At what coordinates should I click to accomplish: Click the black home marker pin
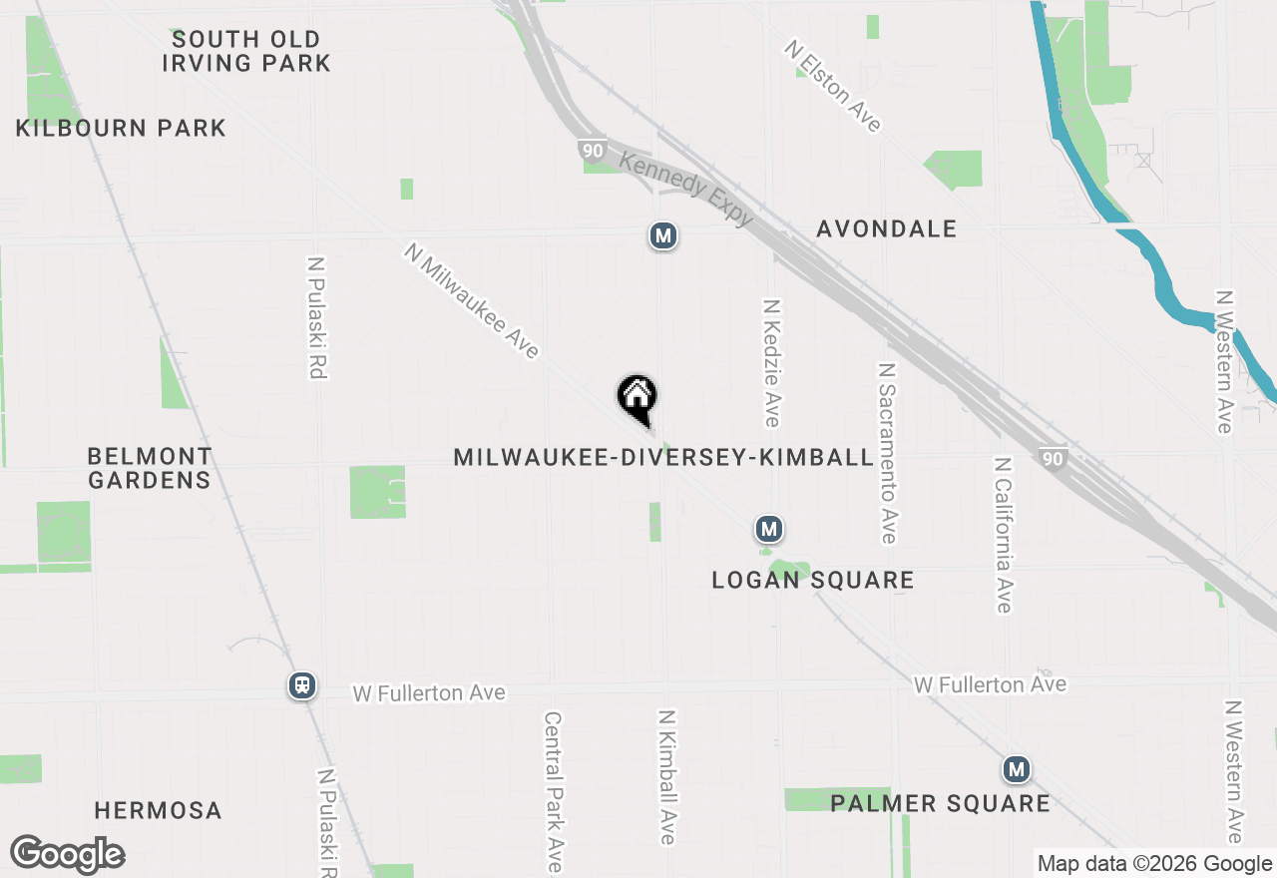click(x=637, y=398)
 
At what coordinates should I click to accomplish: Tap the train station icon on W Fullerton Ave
click(x=301, y=685)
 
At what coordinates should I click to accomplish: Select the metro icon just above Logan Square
click(x=767, y=529)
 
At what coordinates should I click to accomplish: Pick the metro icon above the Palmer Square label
click(x=1016, y=769)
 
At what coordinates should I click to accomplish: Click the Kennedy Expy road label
click(x=685, y=189)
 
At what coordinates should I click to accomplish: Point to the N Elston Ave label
click(x=833, y=86)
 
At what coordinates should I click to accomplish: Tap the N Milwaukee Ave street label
click(x=472, y=300)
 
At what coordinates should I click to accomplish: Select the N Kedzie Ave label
click(x=771, y=362)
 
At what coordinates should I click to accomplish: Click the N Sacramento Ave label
click(x=887, y=453)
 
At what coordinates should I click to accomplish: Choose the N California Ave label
click(x=1004, y=535)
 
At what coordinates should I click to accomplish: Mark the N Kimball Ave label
click(x=667, y=776)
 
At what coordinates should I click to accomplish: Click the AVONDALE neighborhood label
click(x=886, y=228)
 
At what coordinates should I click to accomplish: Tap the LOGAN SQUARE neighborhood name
click(x=812, y=580)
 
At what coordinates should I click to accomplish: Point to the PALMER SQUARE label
click(x=940, y=803)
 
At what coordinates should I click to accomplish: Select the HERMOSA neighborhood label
click(x=158, y=810)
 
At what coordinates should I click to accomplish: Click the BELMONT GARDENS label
click(x=150, y=468)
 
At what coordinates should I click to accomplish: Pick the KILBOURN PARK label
click(x=121, y=128)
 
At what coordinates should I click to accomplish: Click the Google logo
click(x=67, y=854)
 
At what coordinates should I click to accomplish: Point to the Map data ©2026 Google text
click(x=1153, y=864)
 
